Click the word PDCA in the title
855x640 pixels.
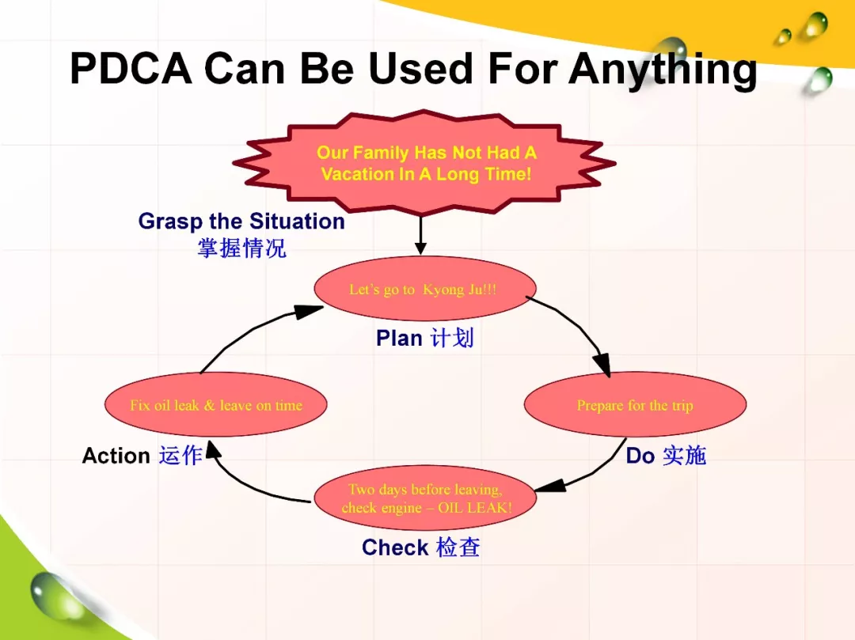click(131, 69)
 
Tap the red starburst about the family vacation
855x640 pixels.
click(425, 162)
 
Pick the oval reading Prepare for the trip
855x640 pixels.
click(634, 405)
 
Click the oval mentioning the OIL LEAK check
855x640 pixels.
click(425, 498)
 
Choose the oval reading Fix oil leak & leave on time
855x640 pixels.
click(215, 405)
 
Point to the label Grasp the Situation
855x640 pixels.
click(241, 222)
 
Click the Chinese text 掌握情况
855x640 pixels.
click(241, 248)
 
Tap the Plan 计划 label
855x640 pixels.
click(424, 339)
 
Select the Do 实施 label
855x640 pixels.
click(665, 456)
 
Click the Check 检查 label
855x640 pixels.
click(420, 547)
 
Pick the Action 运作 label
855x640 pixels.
click(142, 456)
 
